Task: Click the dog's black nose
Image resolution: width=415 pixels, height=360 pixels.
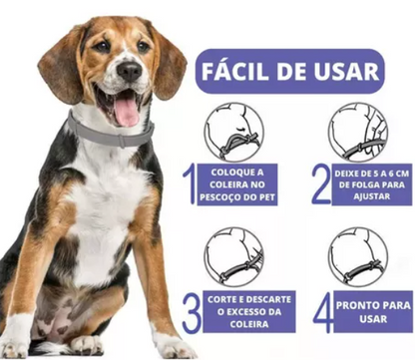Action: tap(129, 71)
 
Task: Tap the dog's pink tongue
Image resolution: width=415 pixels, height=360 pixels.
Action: tap(127, 108)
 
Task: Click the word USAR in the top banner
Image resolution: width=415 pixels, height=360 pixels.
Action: tap(347, 72)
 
